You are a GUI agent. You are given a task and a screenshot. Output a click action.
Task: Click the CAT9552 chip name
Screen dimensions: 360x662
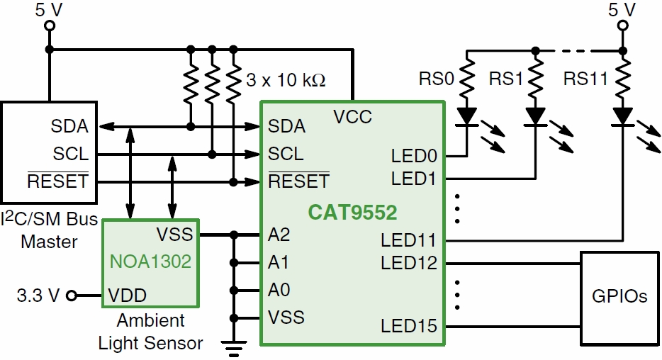click(x=352, y=212)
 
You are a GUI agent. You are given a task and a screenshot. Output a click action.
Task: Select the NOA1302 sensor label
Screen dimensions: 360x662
click(x=150, y=261)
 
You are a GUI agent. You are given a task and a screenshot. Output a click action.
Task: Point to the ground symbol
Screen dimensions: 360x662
click(x=233, y=345)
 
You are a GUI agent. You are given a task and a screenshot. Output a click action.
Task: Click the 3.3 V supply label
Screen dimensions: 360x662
click(x=38, y=295)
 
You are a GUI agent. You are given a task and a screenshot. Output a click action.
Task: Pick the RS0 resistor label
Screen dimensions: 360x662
click(x=436, y=78)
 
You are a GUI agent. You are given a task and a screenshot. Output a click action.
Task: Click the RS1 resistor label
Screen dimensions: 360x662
click(x=506, y=78)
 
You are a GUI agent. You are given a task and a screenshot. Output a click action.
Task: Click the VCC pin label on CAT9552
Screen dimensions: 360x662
click(x=352, y=117)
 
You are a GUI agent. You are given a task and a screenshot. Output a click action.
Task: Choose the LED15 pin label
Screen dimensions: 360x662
click(x=408, y=326)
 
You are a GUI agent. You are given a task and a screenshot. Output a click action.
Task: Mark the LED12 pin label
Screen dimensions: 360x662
click(x=408, y=263)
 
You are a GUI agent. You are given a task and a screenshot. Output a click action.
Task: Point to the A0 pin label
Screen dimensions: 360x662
click(x=279, y=290)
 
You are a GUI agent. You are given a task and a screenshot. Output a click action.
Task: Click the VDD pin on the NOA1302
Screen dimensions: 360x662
click(x=128, y=295)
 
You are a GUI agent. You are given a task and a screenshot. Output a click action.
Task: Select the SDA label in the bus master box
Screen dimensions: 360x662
click(x=69, y=127)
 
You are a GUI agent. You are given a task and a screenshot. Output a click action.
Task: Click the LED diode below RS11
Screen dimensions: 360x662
click(x=622, y=116)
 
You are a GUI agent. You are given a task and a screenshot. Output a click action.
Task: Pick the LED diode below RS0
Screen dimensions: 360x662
click(x=466, y=116)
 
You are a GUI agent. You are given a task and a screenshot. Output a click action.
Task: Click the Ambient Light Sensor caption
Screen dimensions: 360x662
click(x=150, y=332)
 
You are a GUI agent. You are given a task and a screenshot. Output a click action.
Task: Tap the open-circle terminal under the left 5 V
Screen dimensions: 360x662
click(x=50, y=26)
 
